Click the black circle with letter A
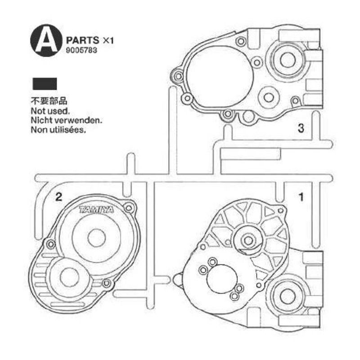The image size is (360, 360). click(46, 40)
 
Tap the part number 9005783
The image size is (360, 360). click(81, 50)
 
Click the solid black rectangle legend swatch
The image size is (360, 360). click(45, 84)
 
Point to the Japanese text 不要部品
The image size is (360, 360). click(49, 101)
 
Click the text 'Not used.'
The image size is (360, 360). click(50, 111)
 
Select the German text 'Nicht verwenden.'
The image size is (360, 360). click(66, 120)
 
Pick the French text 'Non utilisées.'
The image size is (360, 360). click(58, 130)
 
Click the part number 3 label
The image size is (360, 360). click(301, 128)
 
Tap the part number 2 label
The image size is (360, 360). click(59, 197)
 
